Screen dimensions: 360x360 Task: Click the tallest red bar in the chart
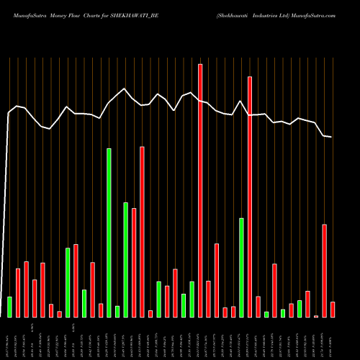tap(200, 190)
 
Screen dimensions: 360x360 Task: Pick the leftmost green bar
tap(9, 307)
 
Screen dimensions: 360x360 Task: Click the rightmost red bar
tap(333, 310)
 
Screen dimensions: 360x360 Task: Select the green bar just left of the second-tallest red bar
tap(241, 267)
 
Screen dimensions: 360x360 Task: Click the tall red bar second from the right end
tap(325, 271)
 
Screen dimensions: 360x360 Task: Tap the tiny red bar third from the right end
tap(316, 316)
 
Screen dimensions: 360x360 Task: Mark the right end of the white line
tap(332, 137)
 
